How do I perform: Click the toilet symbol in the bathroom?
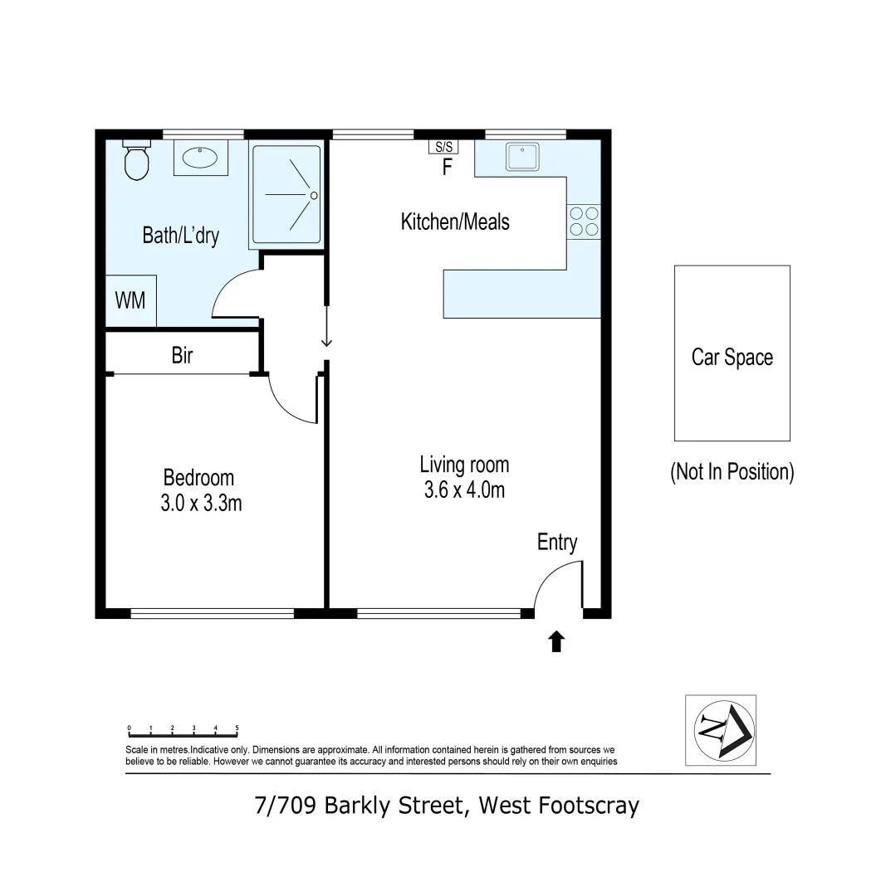pos(136,159)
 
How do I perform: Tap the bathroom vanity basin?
pos(200,158)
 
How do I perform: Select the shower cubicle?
pos(286,195)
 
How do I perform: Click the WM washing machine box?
pos(130,299)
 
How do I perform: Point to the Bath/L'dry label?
pos(180,236)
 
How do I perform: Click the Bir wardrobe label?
pos(182,356)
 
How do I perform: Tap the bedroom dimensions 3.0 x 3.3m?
pos(201,503)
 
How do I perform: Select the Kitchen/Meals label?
pos(455,222)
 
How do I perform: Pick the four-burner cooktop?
pos(584,221)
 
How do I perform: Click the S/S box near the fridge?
pos(443,147)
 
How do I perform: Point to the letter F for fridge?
pos(447,168)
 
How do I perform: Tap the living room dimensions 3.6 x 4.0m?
pos(464,489)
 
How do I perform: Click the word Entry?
pos(557,543)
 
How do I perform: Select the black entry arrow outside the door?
pos(556,640)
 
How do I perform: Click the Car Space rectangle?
pos(732,353)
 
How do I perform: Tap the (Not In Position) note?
pos(732,472)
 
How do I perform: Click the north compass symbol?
pos(720,730)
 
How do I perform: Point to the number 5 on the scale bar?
pos(237,728)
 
